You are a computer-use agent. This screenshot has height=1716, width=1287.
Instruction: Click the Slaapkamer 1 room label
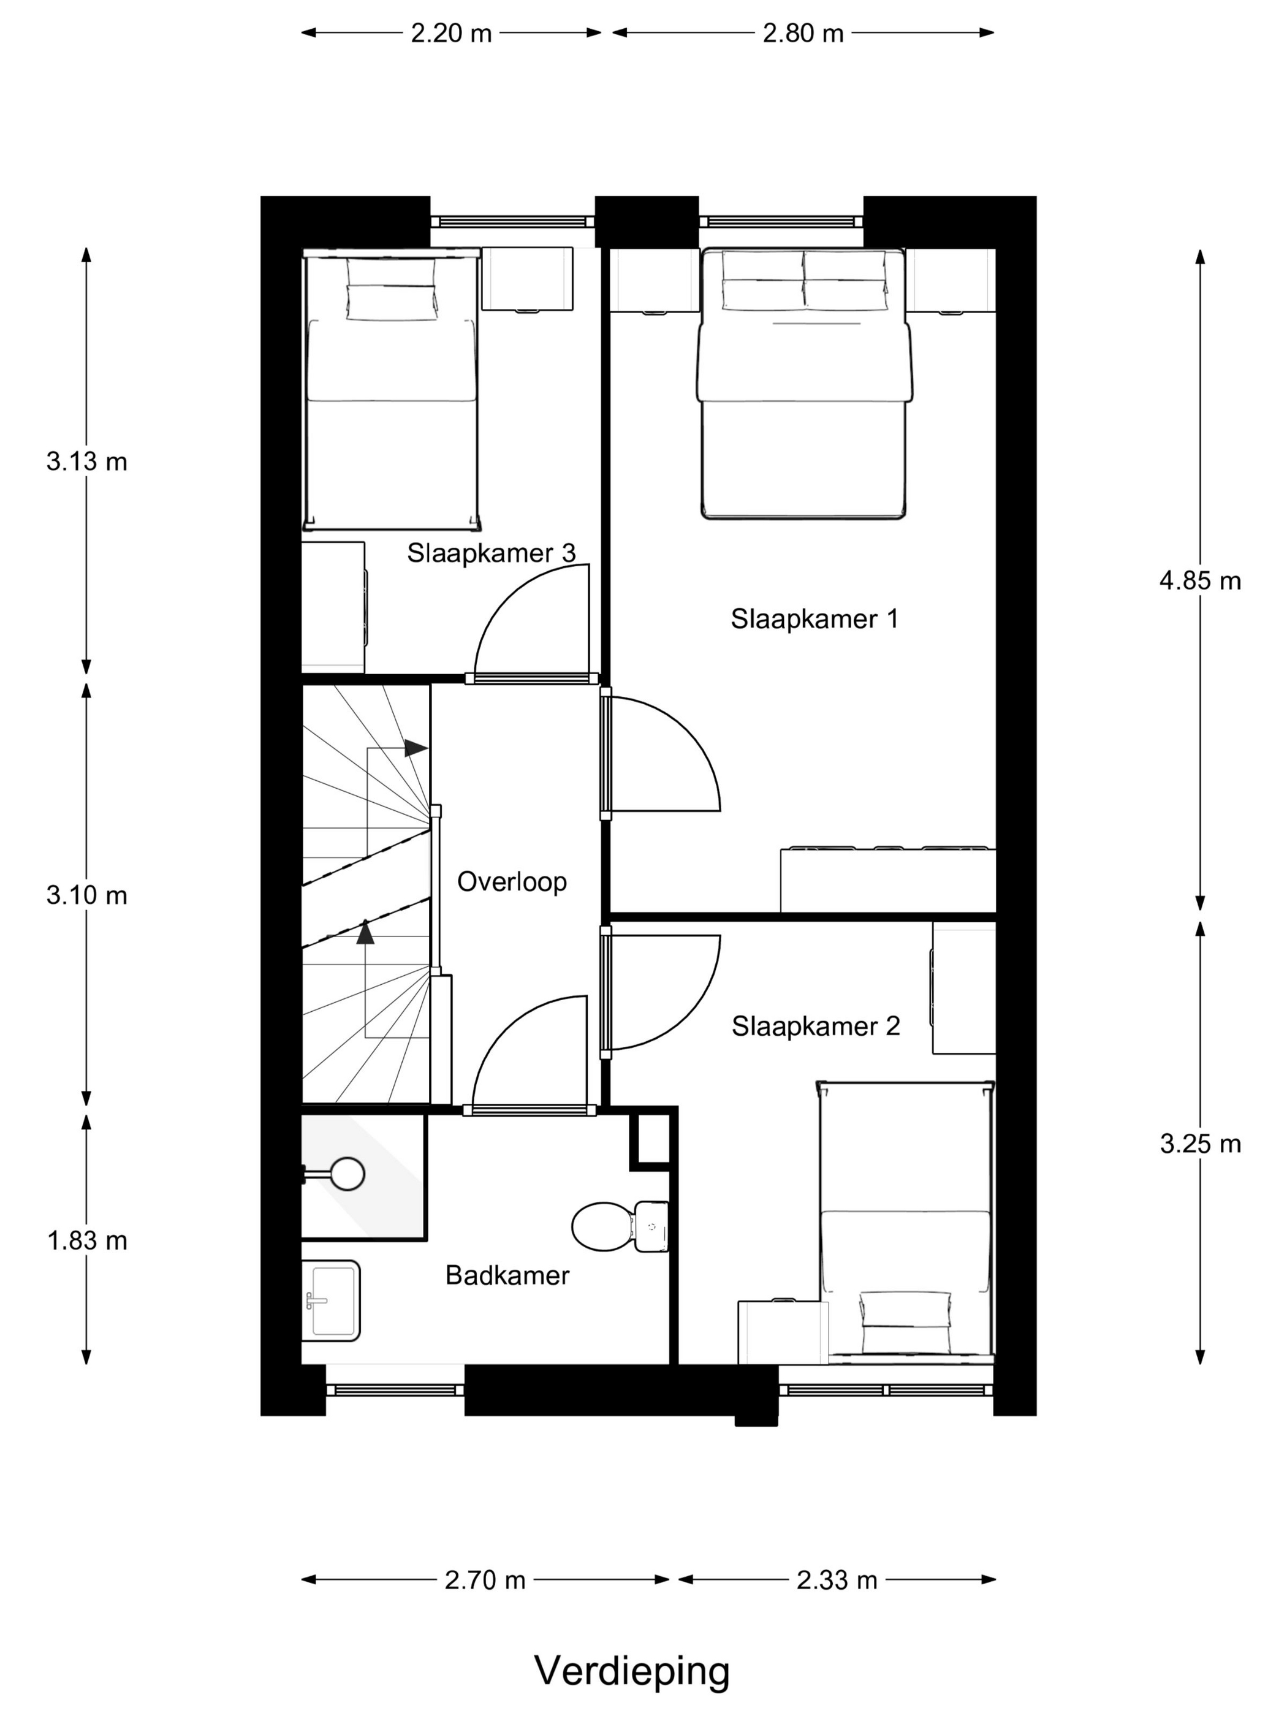814,619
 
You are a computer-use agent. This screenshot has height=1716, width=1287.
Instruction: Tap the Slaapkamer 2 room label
815,1027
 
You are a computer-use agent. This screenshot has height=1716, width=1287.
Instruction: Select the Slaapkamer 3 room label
491,553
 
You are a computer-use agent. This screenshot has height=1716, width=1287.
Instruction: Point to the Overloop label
511,882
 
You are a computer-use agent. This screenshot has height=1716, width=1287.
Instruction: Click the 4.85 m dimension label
1199,581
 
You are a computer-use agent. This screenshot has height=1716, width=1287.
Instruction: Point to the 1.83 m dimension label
87,1240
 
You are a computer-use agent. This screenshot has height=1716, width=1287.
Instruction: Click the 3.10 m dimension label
87,895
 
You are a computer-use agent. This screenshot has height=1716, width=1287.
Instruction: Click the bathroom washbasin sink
333,1301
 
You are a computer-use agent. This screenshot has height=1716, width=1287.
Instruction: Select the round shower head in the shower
347,1174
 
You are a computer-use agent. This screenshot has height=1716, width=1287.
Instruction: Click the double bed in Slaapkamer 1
803,383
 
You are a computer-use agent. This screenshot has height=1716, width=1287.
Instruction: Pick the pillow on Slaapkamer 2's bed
905,1311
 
